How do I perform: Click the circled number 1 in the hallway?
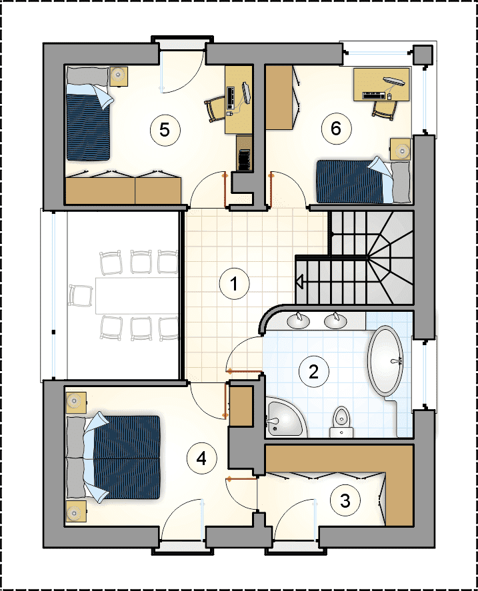[x=234, y=284]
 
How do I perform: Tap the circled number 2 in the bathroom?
[x=313, y=372]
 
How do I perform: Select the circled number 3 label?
[x=345, y=501]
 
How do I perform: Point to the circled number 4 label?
[x=202, y=458]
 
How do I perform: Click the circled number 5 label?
[x=165, y=130]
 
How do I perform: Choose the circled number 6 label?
[x=336, y=129]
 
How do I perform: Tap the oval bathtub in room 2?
[x=386, y=360]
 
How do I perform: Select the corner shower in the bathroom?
[x=287, y=417]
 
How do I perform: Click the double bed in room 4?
[x=113, y=458]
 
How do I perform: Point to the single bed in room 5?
[x=89, y=113]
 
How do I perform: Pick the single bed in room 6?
[x=363, y=181]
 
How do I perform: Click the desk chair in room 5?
[x=215, y=109]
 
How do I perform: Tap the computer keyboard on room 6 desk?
[x=373, y=95]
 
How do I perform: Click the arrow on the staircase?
[x=300, y=282]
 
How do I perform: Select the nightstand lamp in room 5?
[x=119, y=75]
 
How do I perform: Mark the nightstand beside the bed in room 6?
[x=400, y=149]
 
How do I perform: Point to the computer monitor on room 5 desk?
[x=246, y=93]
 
